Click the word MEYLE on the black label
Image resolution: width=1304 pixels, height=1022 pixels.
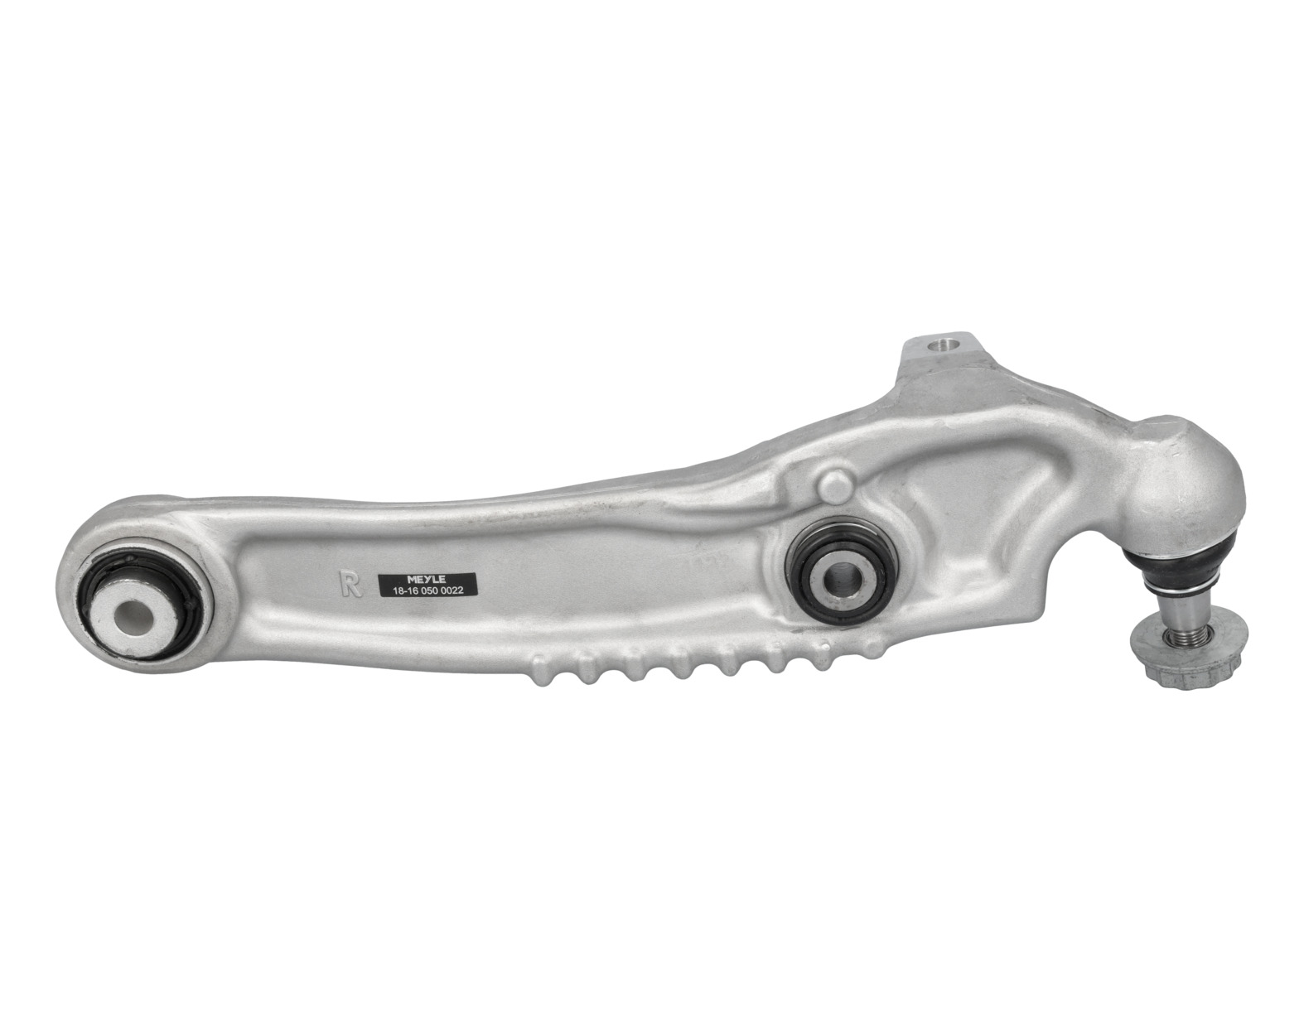[x=426, y=580]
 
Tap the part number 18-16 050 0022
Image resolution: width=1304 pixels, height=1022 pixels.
[x=426, y=591]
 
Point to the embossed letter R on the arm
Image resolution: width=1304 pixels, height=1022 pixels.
[x=350, y=583]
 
